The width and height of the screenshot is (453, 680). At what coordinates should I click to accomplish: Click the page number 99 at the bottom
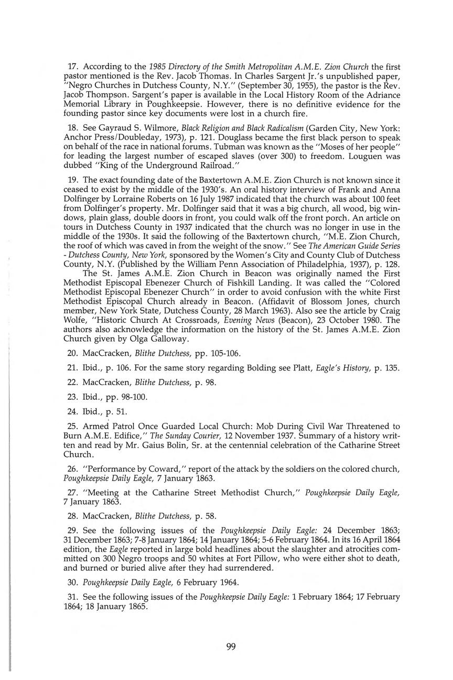point(231,647)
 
